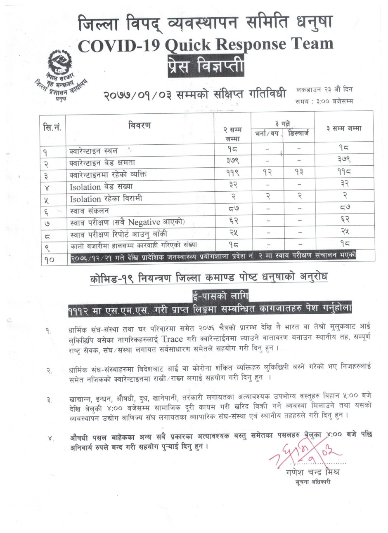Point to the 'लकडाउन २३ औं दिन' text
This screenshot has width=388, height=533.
[324, 89]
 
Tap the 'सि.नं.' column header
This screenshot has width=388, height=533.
[52, 127]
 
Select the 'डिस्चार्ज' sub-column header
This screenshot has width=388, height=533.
[298, 134]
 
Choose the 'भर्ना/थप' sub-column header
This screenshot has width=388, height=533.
[267, 134]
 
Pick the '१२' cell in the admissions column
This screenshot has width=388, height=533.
[267, 174]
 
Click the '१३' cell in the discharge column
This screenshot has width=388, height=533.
[298, 174]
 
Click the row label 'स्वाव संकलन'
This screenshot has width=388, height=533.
[90, 210]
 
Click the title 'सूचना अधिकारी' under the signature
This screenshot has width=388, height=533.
[313, 481]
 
